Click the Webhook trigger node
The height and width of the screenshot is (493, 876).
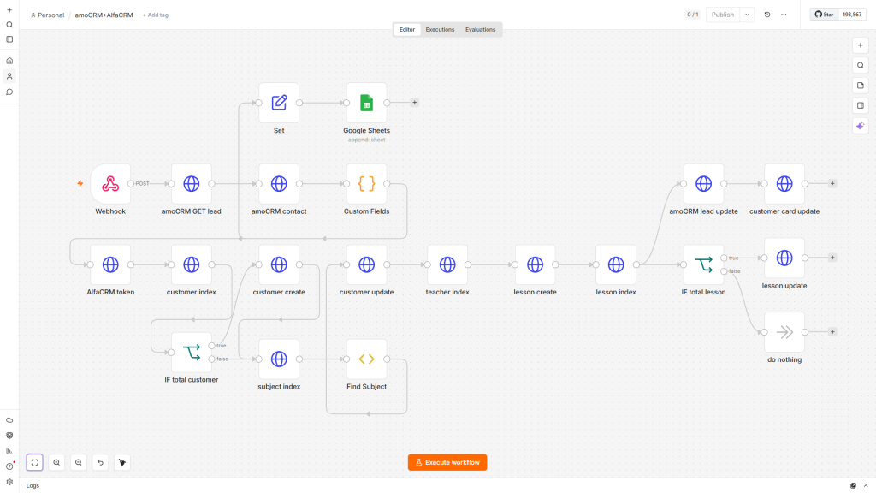pos(110,184)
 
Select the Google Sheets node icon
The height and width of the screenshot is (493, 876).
pos(366,103)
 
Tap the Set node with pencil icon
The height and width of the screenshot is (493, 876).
pos(279,103)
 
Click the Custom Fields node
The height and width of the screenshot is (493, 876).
pos(366,184)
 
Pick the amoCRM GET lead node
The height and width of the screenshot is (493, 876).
pos(191,184)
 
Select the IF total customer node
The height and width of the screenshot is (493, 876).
pos(191,353)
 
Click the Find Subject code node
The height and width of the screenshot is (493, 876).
pos(366,359)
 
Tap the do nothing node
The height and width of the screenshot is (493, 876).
pos(784,332)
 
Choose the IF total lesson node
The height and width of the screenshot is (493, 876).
pos(703,264)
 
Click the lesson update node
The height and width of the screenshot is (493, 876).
pos(784,258)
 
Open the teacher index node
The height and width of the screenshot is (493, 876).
pos(447,264)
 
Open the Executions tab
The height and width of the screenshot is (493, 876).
pos(440,30)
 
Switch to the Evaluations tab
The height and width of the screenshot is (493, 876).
pos(481,30)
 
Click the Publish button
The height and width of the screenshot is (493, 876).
pos(722,15)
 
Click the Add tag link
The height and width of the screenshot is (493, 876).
pos(156,15)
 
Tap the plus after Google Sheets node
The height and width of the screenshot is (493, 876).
pos(415,103)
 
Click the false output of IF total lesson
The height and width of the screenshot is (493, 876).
pos(724,271)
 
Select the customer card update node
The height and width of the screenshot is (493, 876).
pos(784,184)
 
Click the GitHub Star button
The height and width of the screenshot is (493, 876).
pos(824,15)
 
